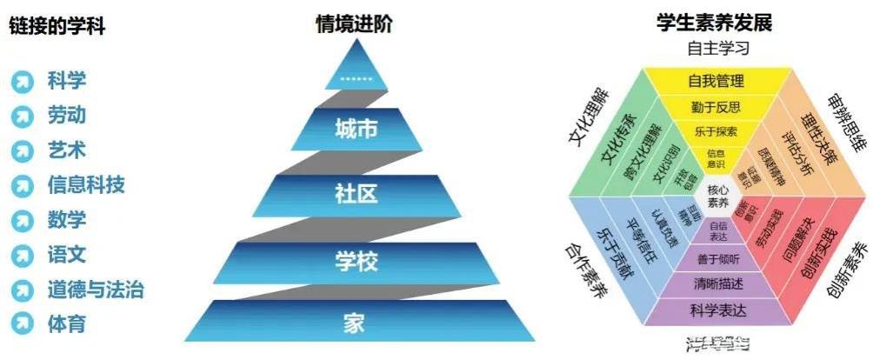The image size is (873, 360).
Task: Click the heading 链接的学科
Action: [x=57, y=26]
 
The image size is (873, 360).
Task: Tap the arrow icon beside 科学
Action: [x=23, y=83]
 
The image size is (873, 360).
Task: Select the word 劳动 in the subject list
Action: [x=67, y=116]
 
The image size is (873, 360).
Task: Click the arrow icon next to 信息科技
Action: [x=23, y=185]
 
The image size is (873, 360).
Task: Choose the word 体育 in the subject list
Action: [x=67, y=324]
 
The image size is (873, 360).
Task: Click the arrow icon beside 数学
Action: [x=23, y=220]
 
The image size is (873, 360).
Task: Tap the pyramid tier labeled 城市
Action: [x=356, y=130]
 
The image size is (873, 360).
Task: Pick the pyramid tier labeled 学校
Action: [x=356, y=260]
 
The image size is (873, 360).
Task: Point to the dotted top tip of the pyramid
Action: [x=356, y=78]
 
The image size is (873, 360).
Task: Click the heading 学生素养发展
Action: [x=714, y=23]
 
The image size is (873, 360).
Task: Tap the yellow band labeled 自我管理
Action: [x=716, y=82]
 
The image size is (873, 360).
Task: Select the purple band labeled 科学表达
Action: [x=716, y=309]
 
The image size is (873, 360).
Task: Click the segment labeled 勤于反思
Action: [x=716, y=108]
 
